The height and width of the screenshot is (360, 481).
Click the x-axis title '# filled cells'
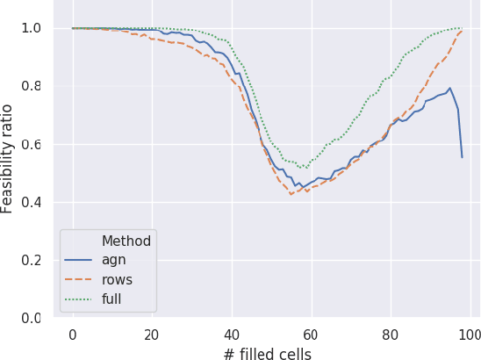coord(268,354)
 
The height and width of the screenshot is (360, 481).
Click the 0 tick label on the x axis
coord(72,335)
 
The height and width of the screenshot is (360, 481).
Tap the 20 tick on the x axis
coord(152,335)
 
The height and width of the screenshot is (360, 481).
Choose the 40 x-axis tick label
coord(231,335)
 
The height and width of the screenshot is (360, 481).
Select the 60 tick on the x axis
coord(311,335)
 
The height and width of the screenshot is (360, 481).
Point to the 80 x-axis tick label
coord(390,335)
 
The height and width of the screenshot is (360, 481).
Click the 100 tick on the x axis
coord(470,335)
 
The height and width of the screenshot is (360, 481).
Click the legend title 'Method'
coord(126,241)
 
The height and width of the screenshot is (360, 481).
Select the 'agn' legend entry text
coord(113,261)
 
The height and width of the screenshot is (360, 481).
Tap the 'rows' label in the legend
coord(117,280)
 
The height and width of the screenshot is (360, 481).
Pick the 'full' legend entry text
coord(111,299)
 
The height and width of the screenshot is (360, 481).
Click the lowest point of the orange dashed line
coord(291,194)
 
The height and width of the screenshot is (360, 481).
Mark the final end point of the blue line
coord(462,157)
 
